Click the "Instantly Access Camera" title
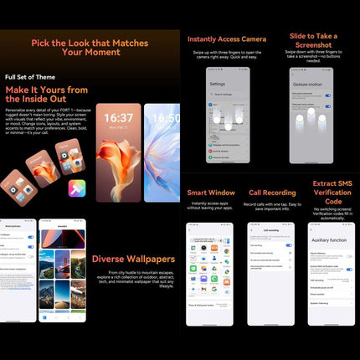(x=228, y=39)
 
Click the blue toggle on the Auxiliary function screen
(x=348, y=270)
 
